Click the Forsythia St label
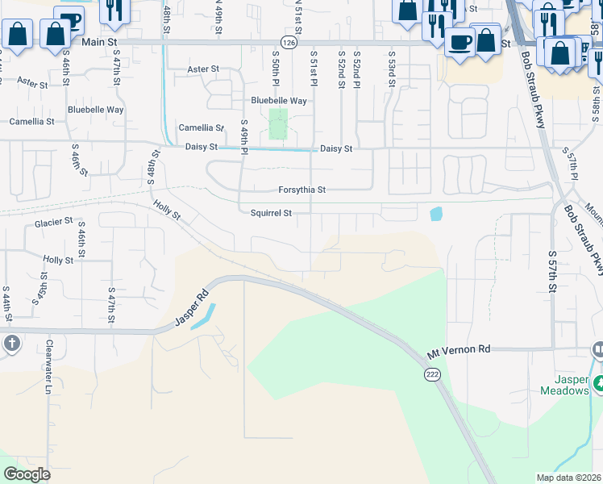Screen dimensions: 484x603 pos(301,190)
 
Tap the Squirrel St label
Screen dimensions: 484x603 pos(270,213)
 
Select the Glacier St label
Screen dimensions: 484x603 pos(53,222)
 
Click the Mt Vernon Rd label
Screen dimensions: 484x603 pos(458,351)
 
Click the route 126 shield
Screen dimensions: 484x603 pos(289,41)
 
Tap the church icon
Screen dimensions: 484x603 pos(11,344)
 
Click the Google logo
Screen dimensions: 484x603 pos(27,474)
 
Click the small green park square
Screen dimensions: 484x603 pos(278,124)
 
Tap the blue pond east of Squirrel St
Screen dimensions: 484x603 pos(436,214)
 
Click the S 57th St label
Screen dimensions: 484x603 pos(553,271)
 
